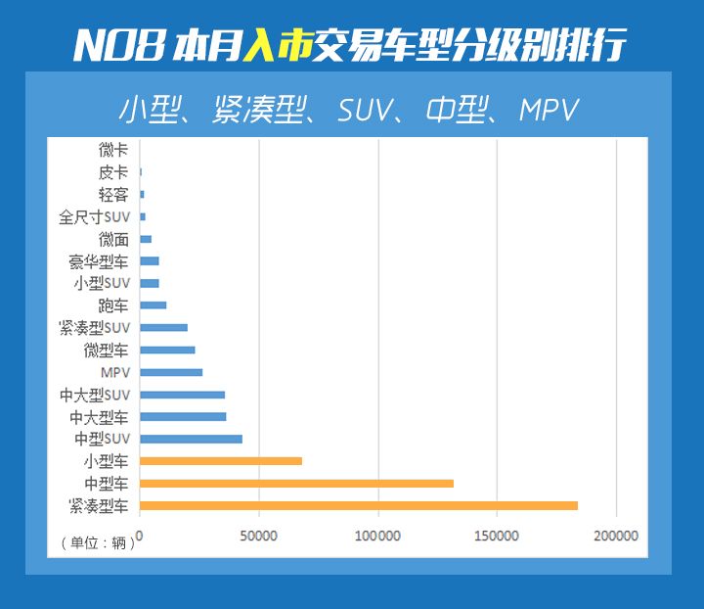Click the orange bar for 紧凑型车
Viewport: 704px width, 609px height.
359,505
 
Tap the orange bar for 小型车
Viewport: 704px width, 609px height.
221,460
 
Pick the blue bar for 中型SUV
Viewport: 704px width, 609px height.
191,439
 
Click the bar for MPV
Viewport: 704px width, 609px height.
171,372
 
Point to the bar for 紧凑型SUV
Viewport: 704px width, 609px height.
163,327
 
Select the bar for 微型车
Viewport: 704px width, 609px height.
167,350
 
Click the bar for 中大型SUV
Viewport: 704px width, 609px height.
182,395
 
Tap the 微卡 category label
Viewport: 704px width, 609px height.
113,150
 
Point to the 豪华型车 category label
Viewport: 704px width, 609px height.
98,261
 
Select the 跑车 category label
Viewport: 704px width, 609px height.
113,305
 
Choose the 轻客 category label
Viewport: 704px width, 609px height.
113,194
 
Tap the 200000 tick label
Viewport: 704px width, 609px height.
615,536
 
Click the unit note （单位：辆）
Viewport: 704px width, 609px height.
97,543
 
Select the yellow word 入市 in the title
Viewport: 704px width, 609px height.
275,45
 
